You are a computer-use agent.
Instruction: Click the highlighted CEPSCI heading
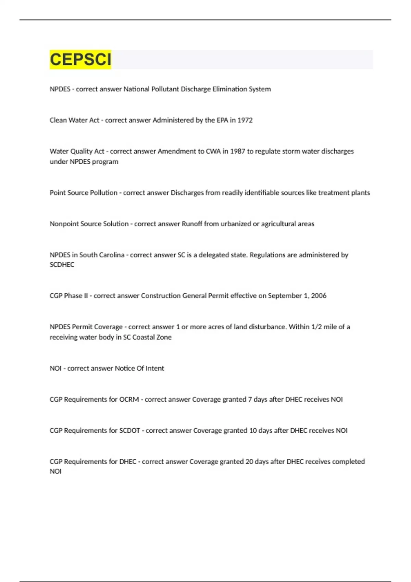(x=80, y=60)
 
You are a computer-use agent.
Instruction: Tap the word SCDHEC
(x=62, y=265)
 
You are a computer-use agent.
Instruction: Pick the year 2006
(x=319, y=296)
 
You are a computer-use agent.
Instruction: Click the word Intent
(x=155, y=368)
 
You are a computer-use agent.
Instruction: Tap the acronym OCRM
(x=129, y=400)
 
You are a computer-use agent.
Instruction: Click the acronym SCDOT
(x=130, y=431)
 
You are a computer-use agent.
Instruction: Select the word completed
(x=348, y=462)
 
